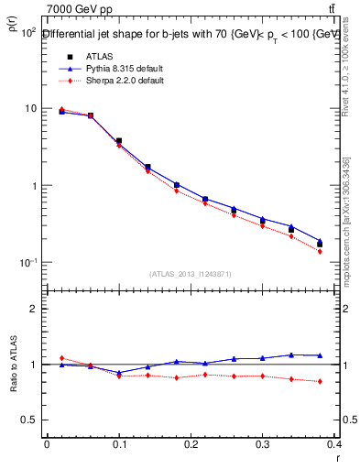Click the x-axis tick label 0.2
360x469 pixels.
191,446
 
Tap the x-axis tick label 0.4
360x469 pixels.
334,446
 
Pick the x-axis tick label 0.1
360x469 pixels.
118,446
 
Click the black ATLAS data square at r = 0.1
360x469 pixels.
119,141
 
